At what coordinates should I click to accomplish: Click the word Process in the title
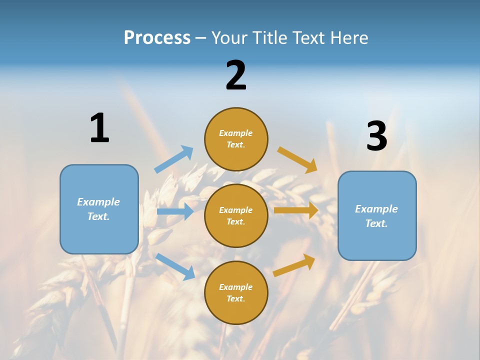[x=157, y=38]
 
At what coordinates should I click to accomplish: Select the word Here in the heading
[x=348, y=38]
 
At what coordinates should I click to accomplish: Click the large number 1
[x=99, y=128]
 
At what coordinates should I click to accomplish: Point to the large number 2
[x=236, y=75]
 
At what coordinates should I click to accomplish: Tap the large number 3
[x=376, y=136]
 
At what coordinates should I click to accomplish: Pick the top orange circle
[x=236, y=139]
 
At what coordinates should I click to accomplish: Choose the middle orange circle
[x=236, y=215]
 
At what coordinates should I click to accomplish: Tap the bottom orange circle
[x=236, y=292]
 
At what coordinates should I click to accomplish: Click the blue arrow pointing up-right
[x=174, y=159]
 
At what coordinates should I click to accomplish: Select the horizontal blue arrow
[x=175, y=211]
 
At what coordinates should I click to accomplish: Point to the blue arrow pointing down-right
[x=175, y=266]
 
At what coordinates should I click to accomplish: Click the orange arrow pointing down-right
[x=297, y=159]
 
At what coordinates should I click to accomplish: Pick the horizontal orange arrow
[x=296, y=210]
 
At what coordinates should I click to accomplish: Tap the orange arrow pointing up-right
[x=294, y=265]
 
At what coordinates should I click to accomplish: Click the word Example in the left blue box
[x=98, y=202]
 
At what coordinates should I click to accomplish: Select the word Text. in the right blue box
[x=376, y=223]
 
